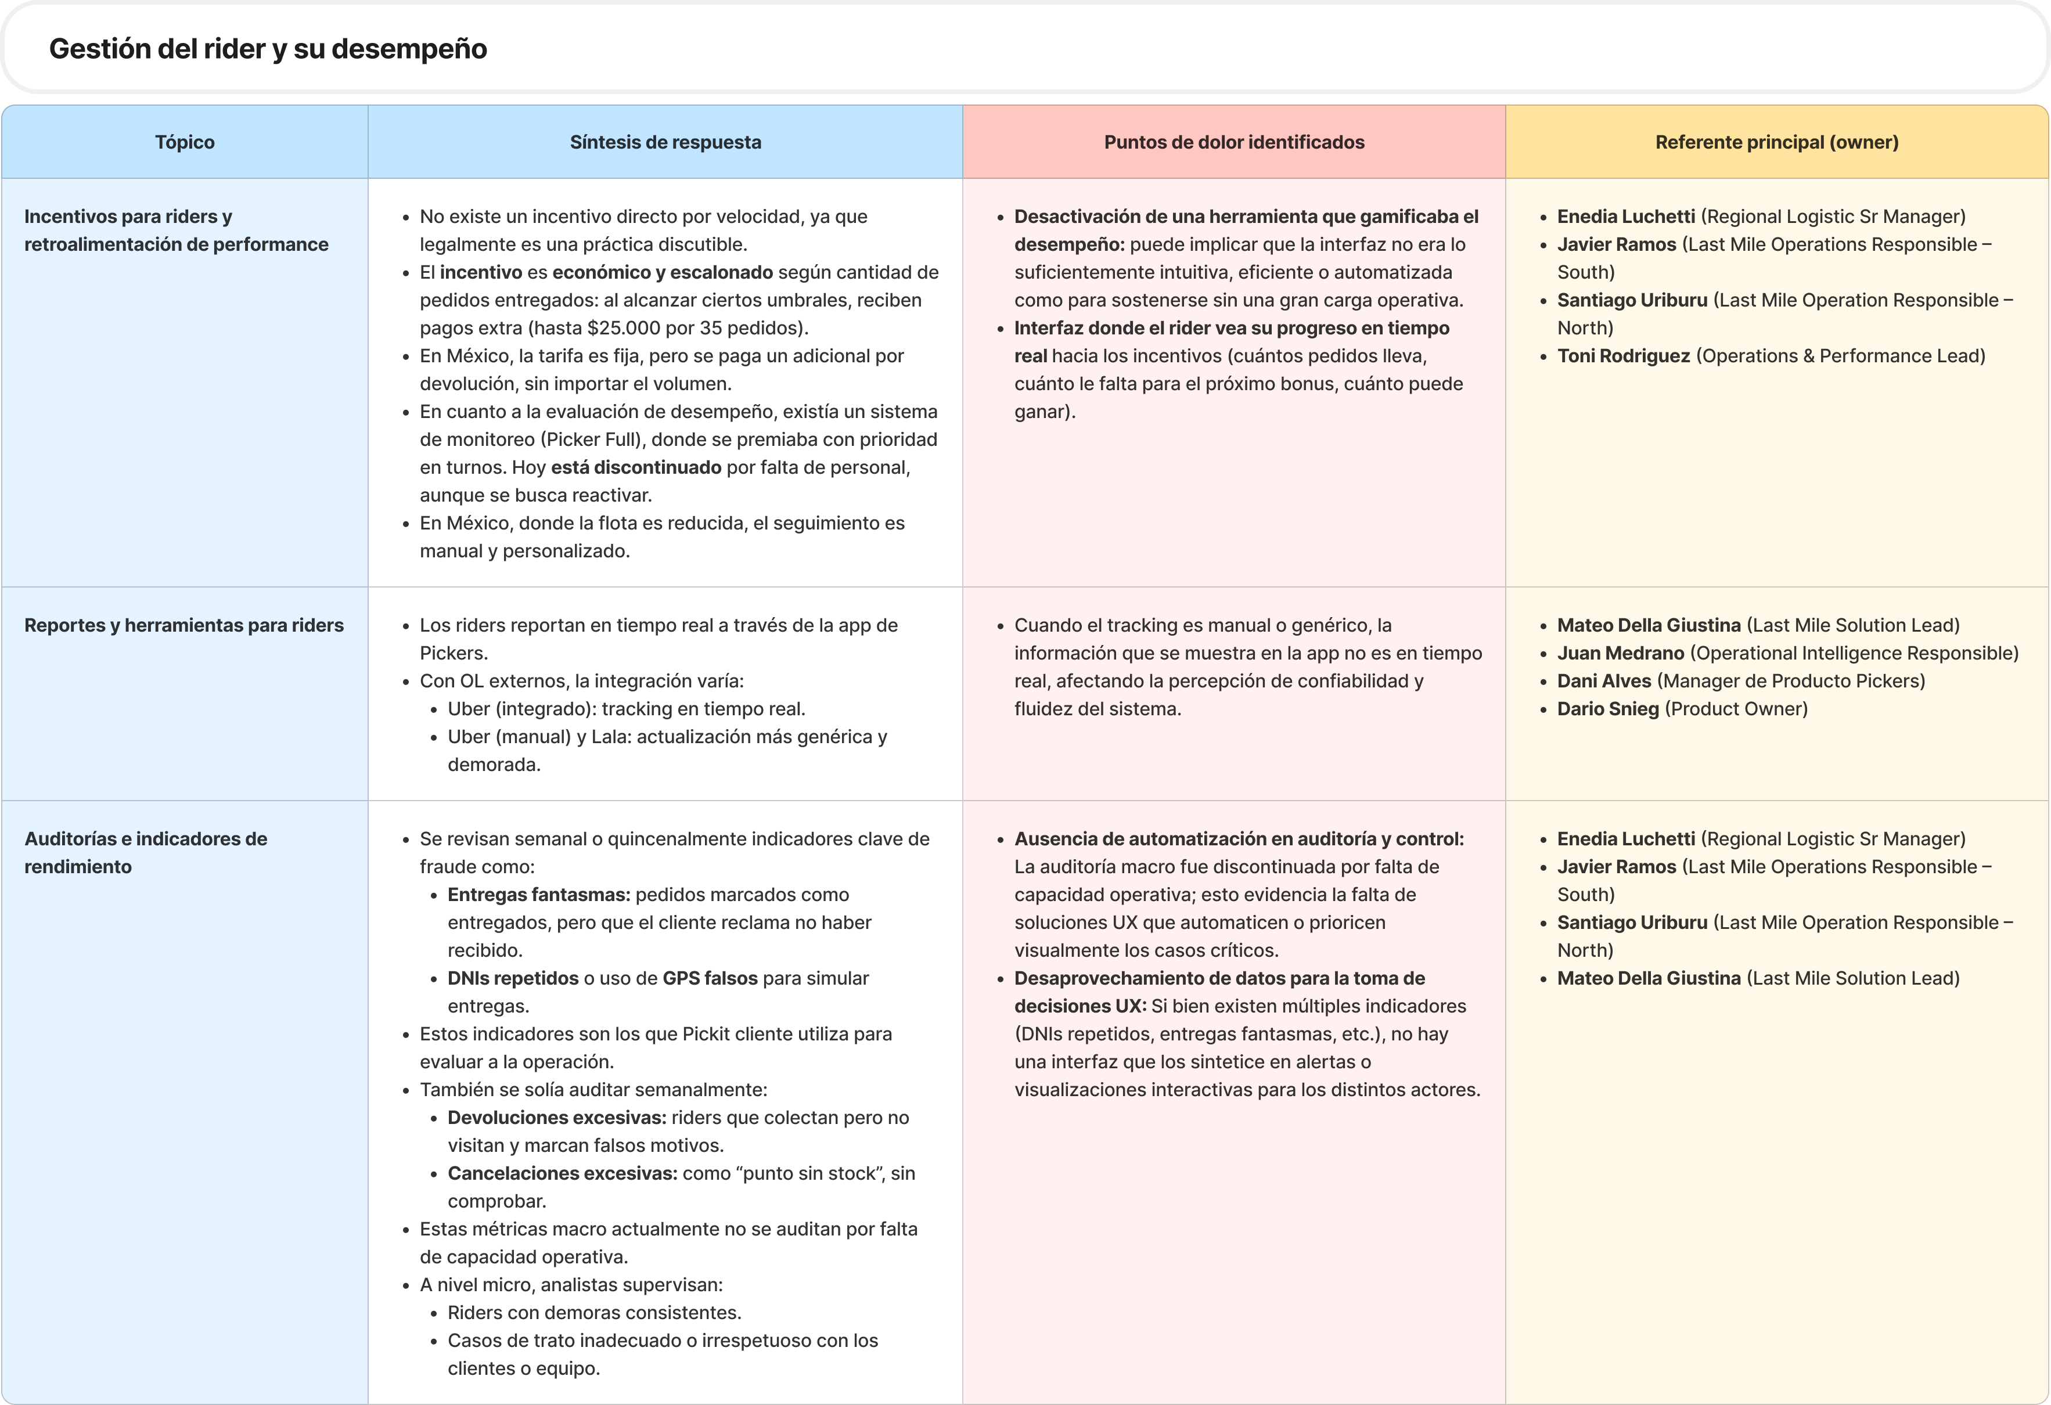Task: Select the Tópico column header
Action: click(185, 142)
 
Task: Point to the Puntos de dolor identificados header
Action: click(1234, 142)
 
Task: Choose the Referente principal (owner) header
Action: click(1776, 142)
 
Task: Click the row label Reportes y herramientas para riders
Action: click(183, 625)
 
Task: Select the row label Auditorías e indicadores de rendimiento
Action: click(146, 852)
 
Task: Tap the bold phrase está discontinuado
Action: click(635, 467)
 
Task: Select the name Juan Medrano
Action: click(1620, 653)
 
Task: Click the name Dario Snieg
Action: click(1608, 709)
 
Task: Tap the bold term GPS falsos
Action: click(710, 978)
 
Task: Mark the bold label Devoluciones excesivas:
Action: click(556, 1117)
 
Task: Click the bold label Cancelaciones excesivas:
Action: click(562, 1173)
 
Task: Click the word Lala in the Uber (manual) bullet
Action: click(608, 736)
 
